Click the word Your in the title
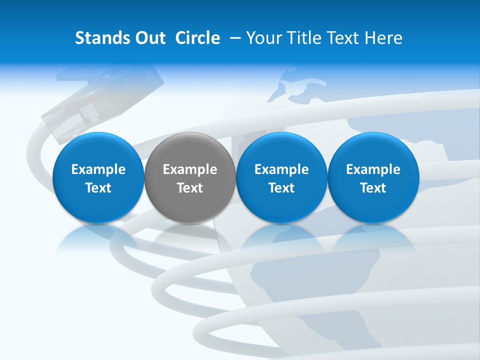pos(263,38)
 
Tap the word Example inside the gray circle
pos(190,169)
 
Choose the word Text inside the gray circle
pos(190,188)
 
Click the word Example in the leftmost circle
pos(98,169)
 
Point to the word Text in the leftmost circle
pos(98,188)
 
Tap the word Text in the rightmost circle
pos(373,188)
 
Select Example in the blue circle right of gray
pos(281,169)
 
